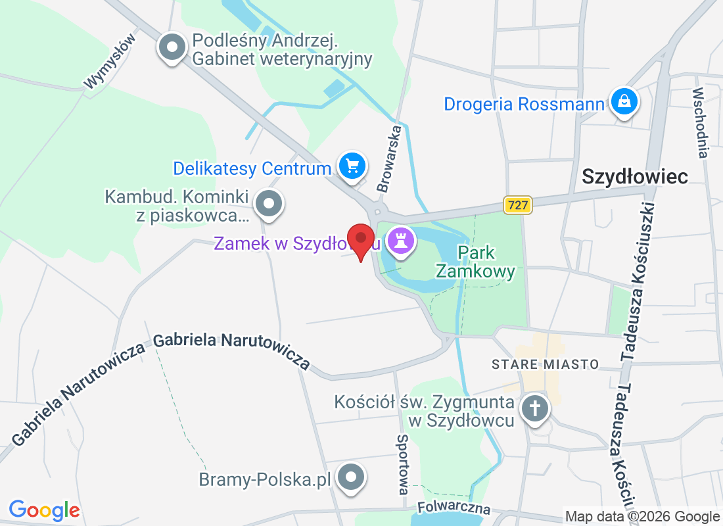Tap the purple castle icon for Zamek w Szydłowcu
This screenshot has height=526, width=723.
point(400,241)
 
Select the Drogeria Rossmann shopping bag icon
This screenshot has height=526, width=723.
point(622,102)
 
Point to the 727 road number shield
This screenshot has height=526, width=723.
point(518,205)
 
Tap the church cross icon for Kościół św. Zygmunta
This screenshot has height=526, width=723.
point(535,410)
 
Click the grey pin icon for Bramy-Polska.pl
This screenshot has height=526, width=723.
point(350,477)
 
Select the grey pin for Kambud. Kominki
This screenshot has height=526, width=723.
point(268,204)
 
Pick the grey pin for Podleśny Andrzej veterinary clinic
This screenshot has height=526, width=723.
point(173,48)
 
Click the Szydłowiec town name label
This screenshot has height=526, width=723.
point(635,176)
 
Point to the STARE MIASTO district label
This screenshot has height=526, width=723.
point(546,364)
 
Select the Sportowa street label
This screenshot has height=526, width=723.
point(403,464)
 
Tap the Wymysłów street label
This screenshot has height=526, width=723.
point(110,60)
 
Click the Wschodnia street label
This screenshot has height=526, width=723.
point(701,123)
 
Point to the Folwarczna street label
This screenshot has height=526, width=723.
point(454,508)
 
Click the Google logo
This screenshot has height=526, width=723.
point(44,510)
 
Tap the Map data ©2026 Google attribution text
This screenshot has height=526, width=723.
point(643,517)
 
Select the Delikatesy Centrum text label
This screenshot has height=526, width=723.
point(252,168)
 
